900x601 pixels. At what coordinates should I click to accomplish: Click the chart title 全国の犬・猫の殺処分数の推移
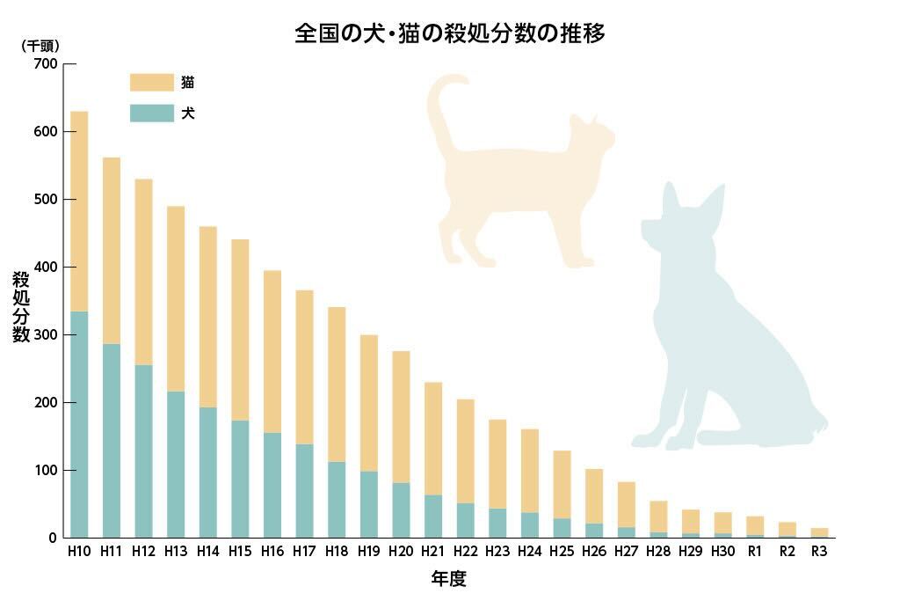pos(449,33)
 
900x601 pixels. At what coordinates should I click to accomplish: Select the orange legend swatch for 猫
pos(151,83)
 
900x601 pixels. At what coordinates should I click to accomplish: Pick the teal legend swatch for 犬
pos(151,114)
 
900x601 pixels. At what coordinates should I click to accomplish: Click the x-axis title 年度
pos(448,578)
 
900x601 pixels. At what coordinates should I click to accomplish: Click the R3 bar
pos(819,532)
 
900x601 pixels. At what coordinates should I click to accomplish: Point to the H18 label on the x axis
pos(337,552)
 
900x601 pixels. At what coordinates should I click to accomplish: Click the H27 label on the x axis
pos(626,552)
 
